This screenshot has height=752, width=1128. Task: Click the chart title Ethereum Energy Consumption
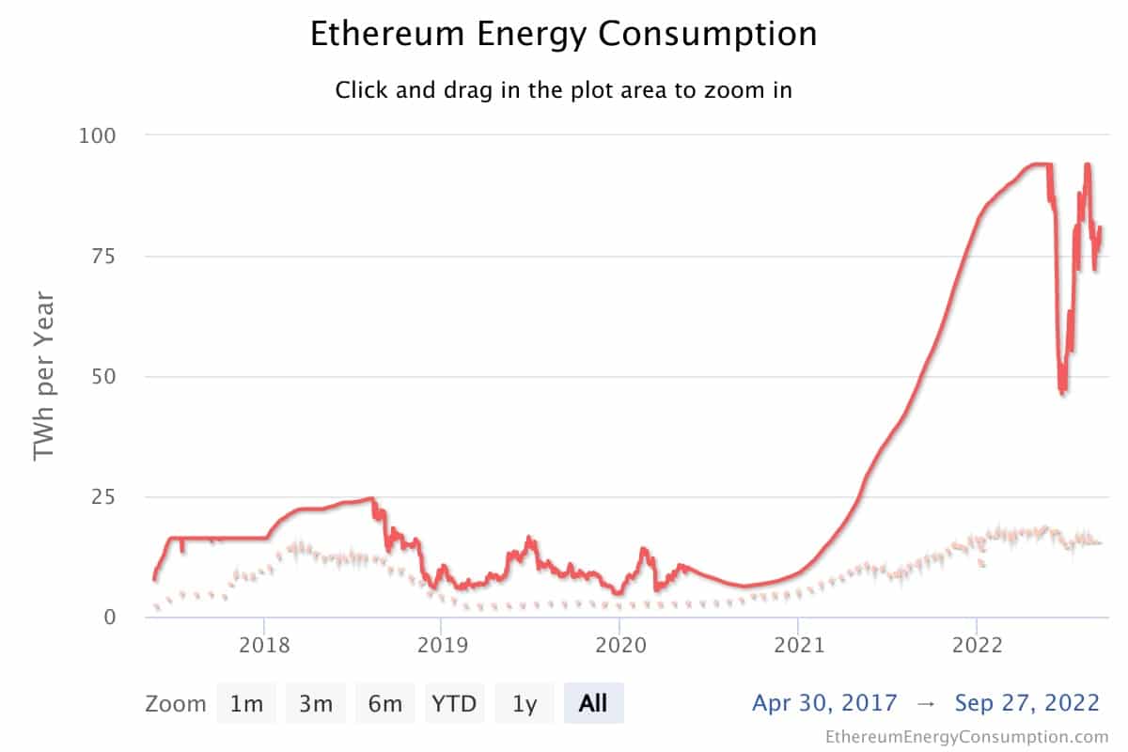point(563,35)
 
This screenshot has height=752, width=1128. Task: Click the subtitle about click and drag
point(563,91)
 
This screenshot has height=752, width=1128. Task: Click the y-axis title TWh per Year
point(45,376)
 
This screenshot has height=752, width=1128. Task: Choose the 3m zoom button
point(316,703)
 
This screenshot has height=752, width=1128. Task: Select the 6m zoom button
point(385,703)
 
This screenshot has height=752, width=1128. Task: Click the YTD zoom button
point(455,703)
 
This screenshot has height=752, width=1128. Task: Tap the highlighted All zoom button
point(593,703)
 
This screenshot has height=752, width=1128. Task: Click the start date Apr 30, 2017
point(824,702)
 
